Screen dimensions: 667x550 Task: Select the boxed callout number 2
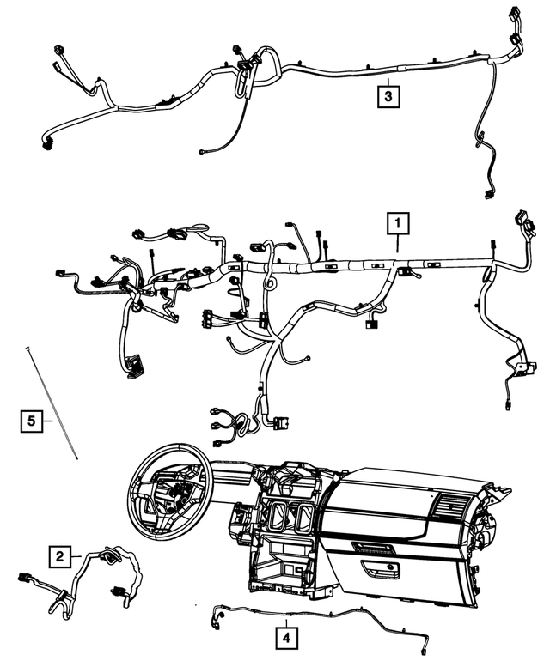point(58,557)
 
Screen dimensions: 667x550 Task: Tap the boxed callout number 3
point(388,96)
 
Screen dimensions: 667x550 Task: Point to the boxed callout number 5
point(30,421)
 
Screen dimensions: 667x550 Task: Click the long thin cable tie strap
point(53,403)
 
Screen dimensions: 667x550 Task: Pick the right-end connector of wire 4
point(428,650)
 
